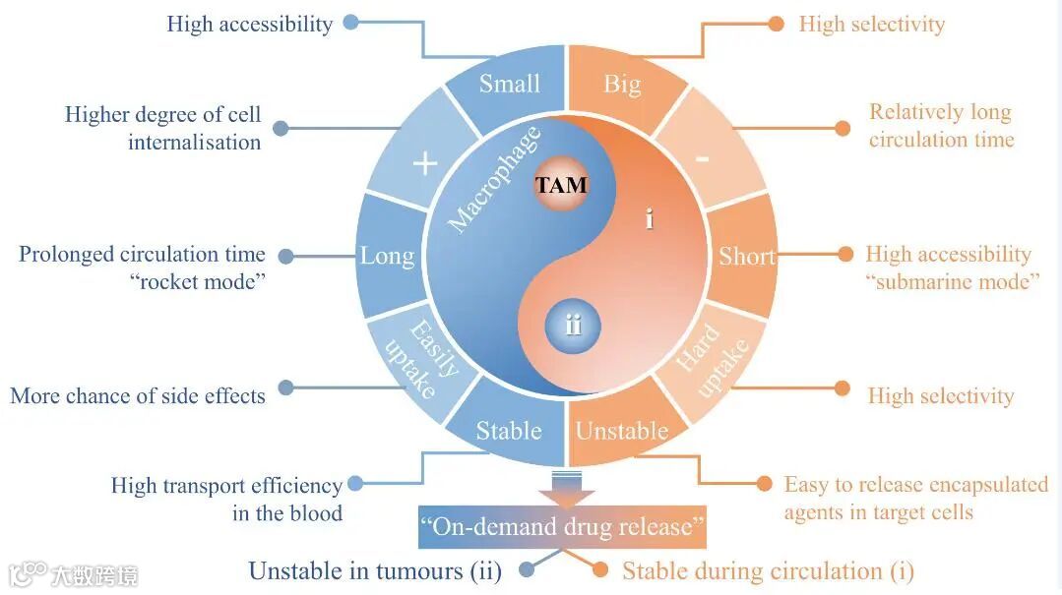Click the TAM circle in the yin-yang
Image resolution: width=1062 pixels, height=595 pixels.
(x=561, y=185)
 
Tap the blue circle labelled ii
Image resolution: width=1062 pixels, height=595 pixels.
(x=573, y=326)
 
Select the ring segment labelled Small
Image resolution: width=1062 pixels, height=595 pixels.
(x=510, y=85)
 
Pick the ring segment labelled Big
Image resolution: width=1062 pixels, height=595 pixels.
(x=622, y=85)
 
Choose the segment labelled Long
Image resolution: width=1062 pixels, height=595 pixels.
(x=387, y=257)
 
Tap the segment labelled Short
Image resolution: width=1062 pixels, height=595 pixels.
(x=747, y=257)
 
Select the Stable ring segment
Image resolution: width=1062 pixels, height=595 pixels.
(x=509, y=431)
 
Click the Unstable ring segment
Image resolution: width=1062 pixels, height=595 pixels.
(x=622, y=431)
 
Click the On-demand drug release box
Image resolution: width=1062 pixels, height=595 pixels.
(x=562, y=527)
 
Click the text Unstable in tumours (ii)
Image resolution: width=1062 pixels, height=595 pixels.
(x=375, y=570)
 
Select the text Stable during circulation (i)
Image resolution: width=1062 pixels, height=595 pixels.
(x=768, y=570)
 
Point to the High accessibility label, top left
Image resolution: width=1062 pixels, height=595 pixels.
(x=249, y=24)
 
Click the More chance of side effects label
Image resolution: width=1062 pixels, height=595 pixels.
(x=138, y=396)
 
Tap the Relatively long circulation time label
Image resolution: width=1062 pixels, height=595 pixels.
(x=940, y=126)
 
